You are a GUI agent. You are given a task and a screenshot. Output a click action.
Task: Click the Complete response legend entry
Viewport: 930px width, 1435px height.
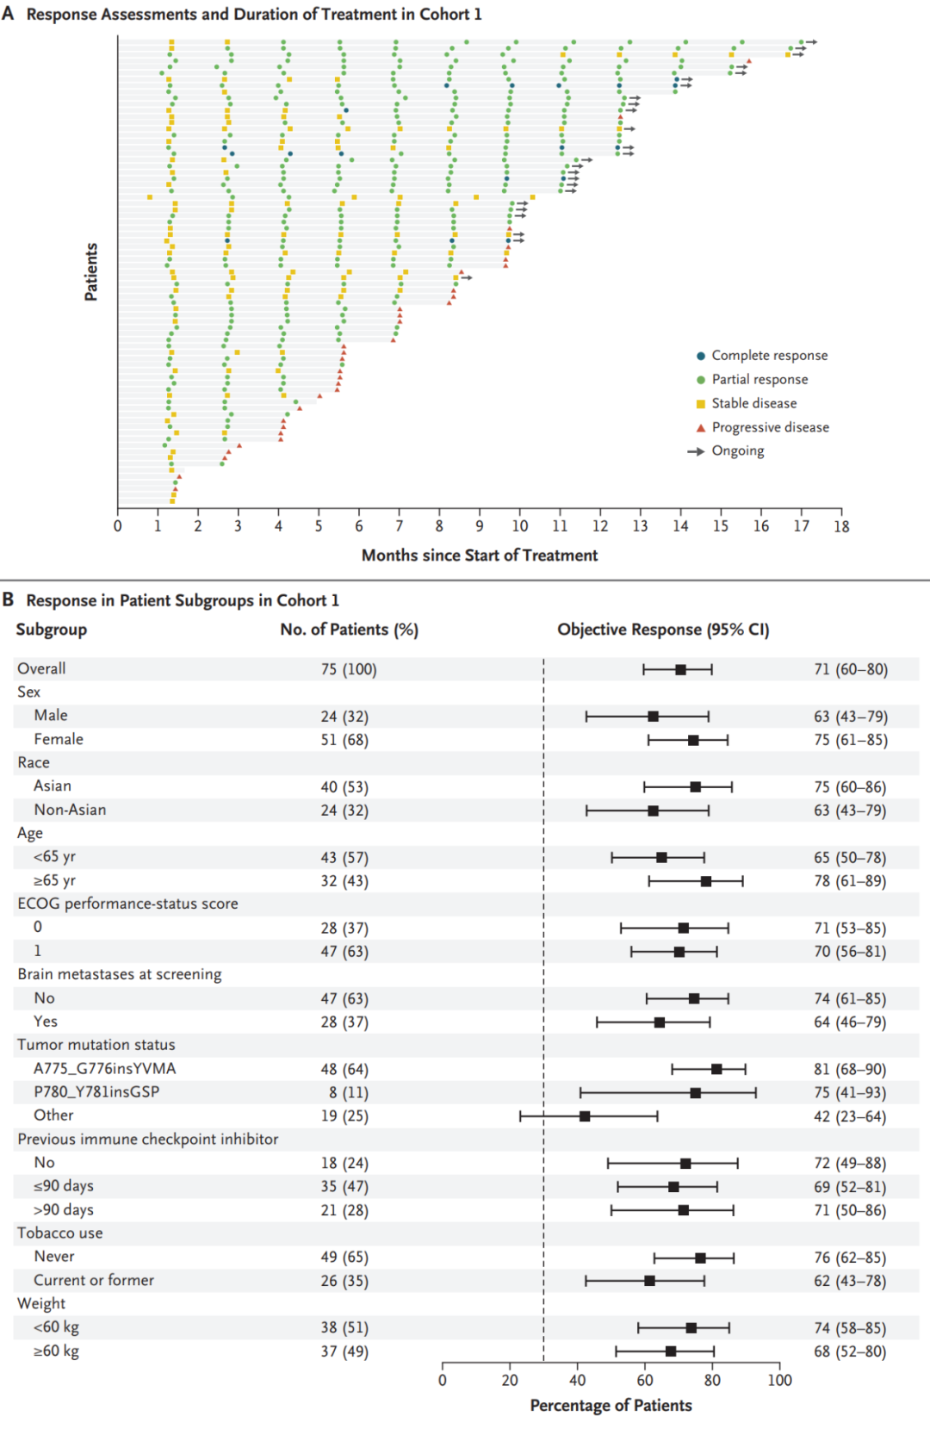point(762,356)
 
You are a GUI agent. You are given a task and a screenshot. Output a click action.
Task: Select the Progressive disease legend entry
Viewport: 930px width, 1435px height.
point(763,427)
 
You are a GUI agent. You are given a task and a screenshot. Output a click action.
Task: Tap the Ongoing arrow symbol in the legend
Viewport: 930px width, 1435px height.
point(697,451)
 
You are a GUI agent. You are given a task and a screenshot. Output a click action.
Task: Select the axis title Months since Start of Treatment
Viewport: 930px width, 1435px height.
point(480,556)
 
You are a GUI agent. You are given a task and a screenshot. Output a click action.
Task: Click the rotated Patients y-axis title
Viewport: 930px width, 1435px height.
point(91,271)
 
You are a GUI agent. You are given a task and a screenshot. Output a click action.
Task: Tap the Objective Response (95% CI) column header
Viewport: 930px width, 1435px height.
point(663,630)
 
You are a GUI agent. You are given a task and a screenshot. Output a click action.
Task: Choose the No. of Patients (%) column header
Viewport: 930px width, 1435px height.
point(349,630)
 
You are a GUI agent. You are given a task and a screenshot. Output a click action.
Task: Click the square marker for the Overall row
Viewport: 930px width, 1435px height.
point(680,669)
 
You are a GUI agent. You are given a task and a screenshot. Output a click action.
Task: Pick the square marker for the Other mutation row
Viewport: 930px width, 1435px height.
point(585,1116)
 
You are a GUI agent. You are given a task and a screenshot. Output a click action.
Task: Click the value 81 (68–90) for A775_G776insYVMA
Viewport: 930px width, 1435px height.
point(850,1069)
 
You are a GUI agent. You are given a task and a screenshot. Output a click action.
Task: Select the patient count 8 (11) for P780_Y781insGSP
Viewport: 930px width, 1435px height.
point(344,1093)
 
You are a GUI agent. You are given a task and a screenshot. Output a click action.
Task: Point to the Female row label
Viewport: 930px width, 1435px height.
point(59,739)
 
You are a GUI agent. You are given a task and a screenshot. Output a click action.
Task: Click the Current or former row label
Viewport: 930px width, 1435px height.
point(94,1280)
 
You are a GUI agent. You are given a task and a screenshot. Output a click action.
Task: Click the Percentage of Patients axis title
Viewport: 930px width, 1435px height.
point(611,1406)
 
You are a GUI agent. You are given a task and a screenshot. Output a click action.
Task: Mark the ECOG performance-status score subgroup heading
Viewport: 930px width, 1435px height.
point(128,904)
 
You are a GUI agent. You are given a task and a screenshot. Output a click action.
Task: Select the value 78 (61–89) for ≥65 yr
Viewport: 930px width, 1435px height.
point(850,881)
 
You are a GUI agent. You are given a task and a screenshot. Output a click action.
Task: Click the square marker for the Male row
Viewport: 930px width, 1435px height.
point(653,717)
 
